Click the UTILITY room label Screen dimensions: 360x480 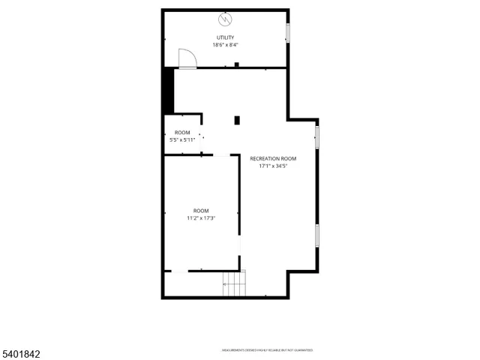(225, 37)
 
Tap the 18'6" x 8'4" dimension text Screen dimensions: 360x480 (225, 45)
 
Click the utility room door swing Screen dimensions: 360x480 (186, 58)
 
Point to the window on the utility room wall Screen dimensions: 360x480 (287, 33)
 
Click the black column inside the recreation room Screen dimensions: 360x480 (237, 120)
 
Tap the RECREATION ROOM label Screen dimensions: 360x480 (273, 159)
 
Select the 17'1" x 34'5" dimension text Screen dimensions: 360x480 (273, 166)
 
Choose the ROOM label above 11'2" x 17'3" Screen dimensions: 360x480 (201, 211)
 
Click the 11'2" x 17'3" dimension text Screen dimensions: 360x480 (201, 218)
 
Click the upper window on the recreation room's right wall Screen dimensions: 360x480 (317, 137)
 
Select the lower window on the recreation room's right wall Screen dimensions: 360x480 (317, 235)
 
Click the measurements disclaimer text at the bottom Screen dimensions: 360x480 (266, 350)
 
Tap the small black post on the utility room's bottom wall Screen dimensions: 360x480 (237, 65)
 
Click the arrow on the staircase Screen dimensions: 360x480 (224, 285)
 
